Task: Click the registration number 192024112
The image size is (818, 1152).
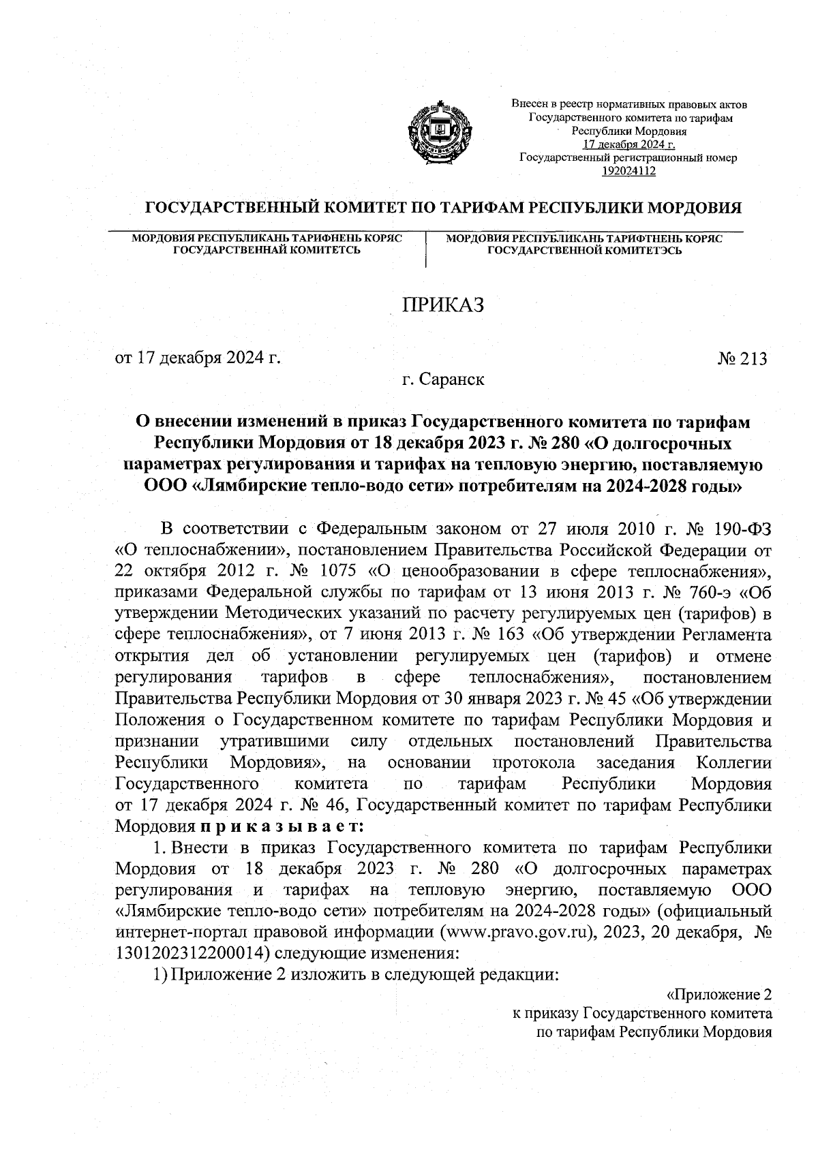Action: click(x=628, y=171)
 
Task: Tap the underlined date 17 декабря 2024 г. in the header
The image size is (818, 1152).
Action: click(x=628, y=144)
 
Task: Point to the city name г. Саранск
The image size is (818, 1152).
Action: click(x=443, y=379)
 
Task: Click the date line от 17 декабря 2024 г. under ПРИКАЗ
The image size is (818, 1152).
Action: click(x=198, y=358)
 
